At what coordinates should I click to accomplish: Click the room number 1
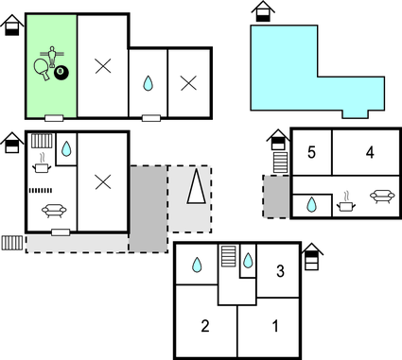(275, 327)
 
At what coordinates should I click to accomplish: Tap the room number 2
(204, 327)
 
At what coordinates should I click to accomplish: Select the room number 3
(280, 272)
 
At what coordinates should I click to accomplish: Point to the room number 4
(370, 151)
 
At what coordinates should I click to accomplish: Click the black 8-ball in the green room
(61, 72)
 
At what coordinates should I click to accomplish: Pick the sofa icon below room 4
(382, 197)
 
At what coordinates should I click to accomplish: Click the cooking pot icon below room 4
(346, 200)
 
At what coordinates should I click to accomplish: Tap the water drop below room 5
(311, 204)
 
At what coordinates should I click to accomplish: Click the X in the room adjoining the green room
(102, 65)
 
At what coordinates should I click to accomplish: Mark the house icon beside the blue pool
(264, 12)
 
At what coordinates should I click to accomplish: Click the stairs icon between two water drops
(228, 256)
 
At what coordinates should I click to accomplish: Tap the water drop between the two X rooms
(148, 83)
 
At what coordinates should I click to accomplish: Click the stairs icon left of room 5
(279, 163)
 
